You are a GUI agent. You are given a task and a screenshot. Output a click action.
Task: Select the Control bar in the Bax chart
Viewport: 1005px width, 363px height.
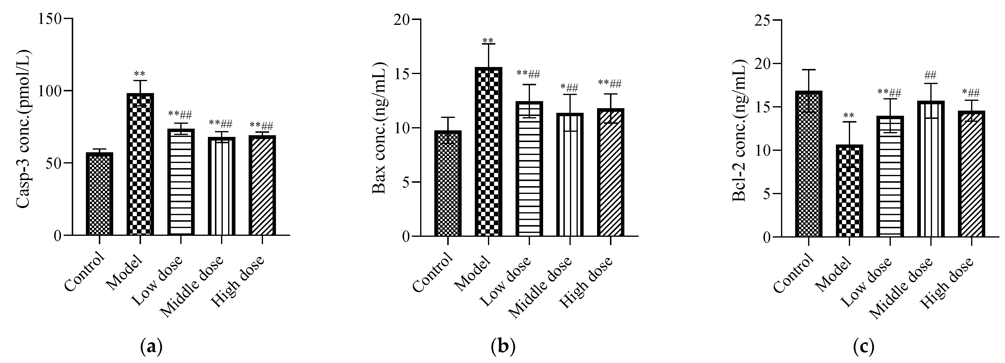coord(448,183)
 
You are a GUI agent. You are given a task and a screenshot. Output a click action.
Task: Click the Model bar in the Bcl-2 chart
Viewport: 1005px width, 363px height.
coord(849,191)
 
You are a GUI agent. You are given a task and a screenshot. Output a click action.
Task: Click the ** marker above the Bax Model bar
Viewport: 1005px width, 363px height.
coord(488,40)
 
